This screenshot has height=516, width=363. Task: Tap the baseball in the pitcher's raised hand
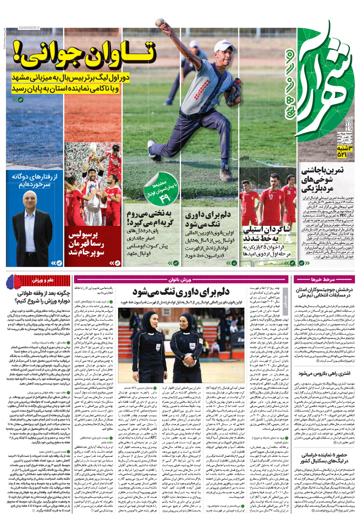pos(159,22)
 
